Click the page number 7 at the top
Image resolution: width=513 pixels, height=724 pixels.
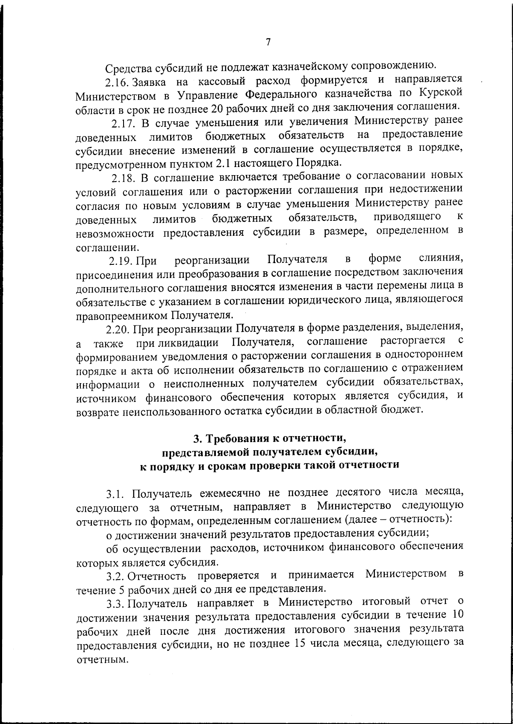268,42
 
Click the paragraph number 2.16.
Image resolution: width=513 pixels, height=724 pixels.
117,81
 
